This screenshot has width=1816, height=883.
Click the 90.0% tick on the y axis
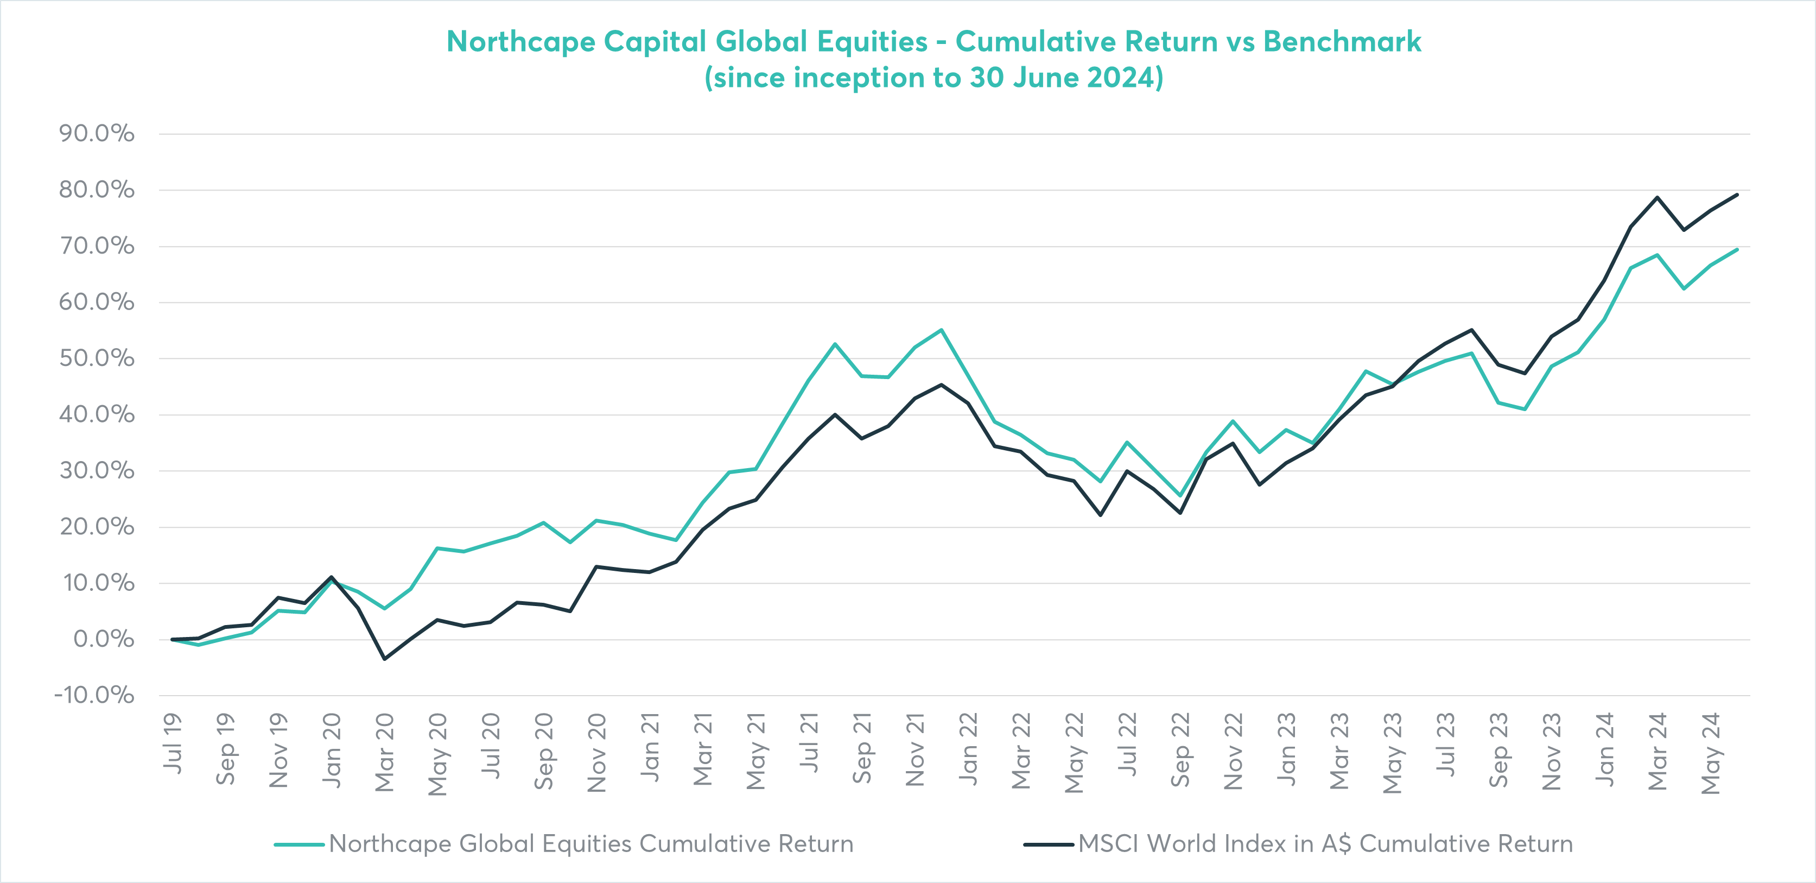[x=97, y=133]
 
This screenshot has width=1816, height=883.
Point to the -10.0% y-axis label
[x=94, y=696]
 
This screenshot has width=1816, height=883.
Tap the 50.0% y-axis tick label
[x=97, y=358]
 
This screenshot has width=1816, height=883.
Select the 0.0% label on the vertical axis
[x=104, y=639]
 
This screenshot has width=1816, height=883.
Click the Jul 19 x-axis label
[x=173, y=743]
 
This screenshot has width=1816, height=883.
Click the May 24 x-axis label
[x=1710, y=754]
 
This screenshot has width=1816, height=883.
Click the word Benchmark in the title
[x=1342, y=42]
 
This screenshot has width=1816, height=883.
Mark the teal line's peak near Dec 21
[x=941, y=330]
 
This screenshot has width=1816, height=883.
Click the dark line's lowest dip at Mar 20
[x=384, y=659]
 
